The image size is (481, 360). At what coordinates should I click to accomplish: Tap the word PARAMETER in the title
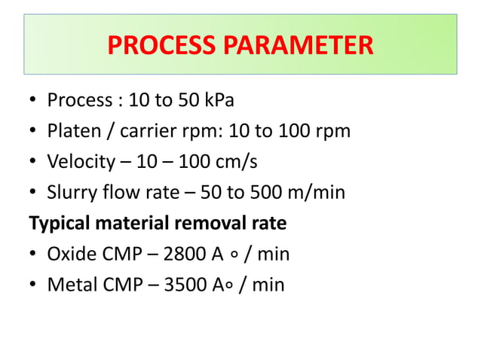[299, 45]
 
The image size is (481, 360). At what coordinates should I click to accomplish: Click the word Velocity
[78, 162]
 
